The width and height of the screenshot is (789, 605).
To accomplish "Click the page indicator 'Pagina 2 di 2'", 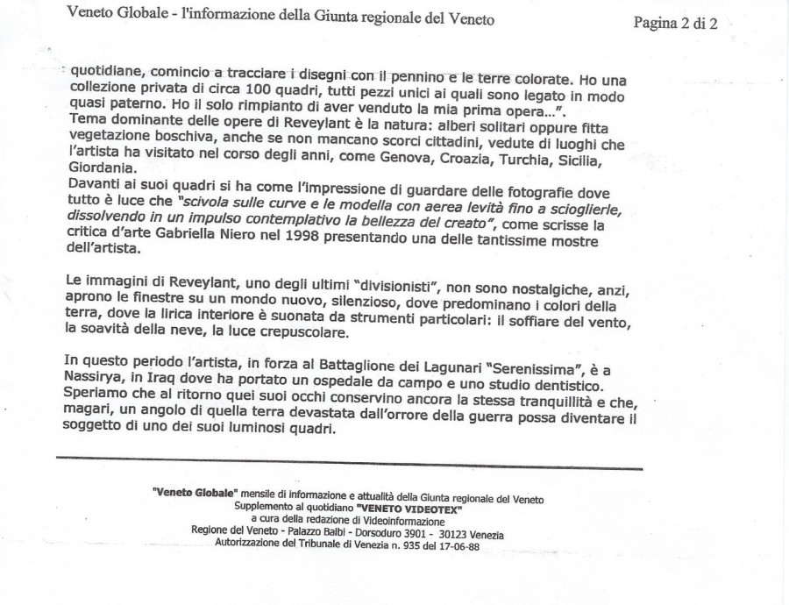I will (675, 24).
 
